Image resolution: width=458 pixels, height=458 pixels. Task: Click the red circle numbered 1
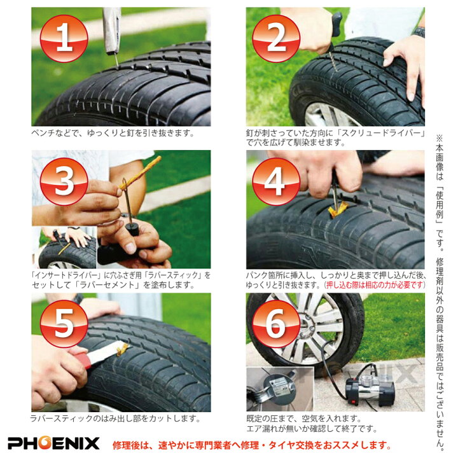coord(64,38)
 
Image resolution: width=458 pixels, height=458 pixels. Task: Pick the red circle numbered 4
coord(275,181)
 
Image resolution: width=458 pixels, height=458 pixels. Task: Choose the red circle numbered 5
coord(64,324)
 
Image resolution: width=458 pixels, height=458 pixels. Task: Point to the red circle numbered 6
coord(275,324)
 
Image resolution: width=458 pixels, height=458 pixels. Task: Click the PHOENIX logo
coord(54,443)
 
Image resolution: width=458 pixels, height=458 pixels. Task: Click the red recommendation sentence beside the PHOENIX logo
coord(251,444)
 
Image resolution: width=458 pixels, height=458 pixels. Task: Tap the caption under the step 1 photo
coord(113,134)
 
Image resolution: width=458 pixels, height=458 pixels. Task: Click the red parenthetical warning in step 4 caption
coord(374,285)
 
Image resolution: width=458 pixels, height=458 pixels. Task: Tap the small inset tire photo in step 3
coord(67,248)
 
